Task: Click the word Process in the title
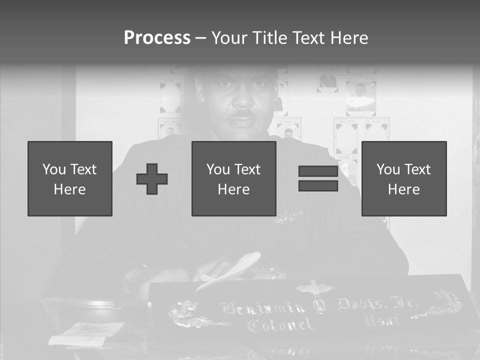(157, 38)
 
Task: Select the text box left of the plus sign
(70, 178)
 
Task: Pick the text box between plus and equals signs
(234, 178)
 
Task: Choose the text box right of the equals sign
(404, 178)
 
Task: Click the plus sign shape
(152, 178)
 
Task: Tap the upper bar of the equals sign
(318, 171)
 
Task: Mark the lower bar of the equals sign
(318, 185)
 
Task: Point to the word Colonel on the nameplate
(280, 325)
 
